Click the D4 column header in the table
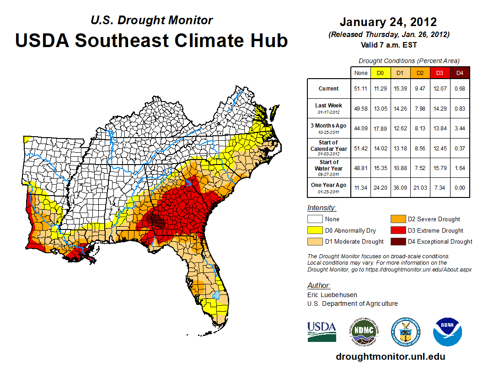[460, 73]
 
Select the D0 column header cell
[380, 73]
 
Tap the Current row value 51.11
[360, 88]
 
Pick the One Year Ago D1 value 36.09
[400, 187]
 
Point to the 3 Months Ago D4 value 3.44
[460, 128]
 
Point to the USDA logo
[322, 331]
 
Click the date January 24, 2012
[388, 22]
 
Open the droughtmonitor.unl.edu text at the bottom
[390, 357]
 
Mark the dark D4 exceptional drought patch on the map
[157, 222]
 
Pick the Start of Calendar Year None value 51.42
[360, 148]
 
